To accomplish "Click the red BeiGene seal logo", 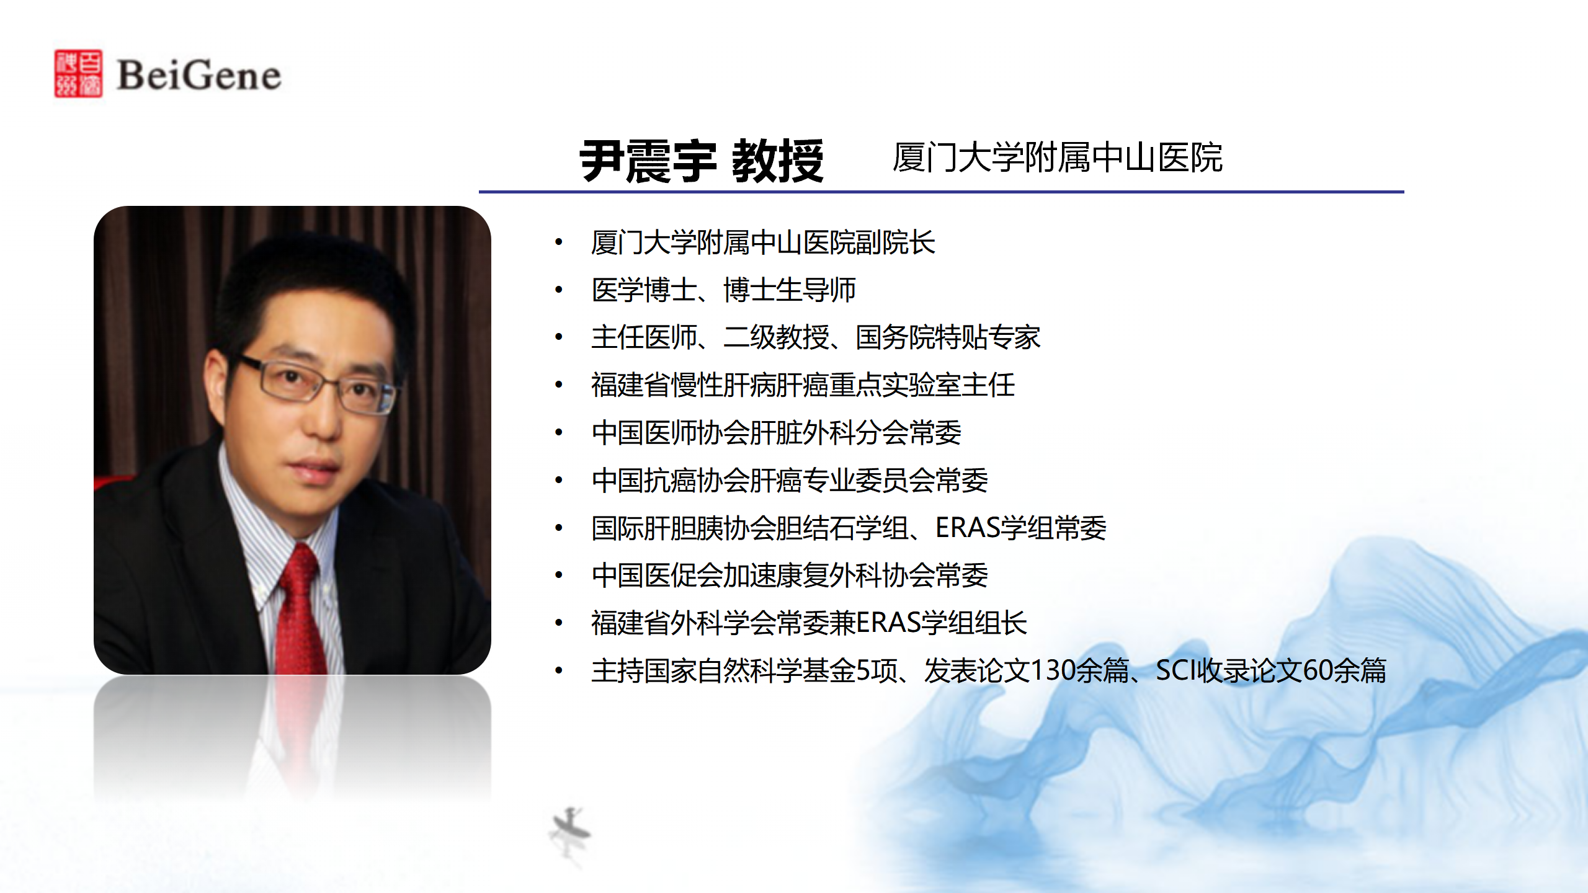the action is tap(78, 74).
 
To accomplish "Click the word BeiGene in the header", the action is tap(199, 76).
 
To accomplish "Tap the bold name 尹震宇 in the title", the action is tap(648, 161).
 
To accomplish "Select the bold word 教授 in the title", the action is tap(778, 161).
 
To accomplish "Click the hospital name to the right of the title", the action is tap(1058, 158).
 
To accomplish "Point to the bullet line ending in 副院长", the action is tap(763, 242).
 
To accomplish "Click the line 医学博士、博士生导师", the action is tap(724, 290).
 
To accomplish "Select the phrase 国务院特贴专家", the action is tap(948, 337).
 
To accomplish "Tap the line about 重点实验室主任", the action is tap(803, 385).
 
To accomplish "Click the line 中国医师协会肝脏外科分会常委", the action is tap(777, 433).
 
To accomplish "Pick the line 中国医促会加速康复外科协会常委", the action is tap(790, 575).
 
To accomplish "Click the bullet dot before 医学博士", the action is tap(559, 290).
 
